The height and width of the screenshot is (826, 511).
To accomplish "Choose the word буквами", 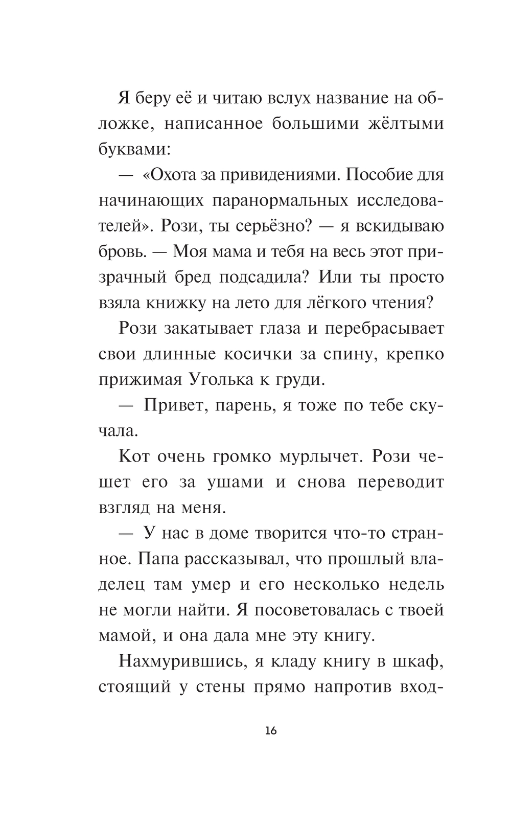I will [x=134, y=150].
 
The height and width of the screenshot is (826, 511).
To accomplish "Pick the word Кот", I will [x=134, y=456].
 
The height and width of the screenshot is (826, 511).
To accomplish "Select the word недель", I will [x=416, y=584].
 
